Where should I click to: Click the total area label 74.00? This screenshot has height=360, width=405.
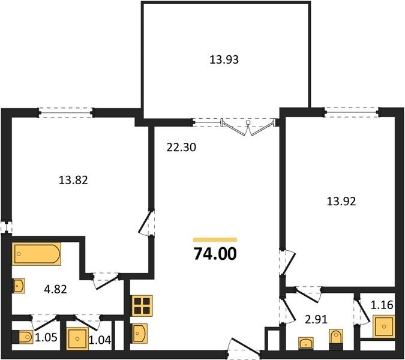pos(215,254)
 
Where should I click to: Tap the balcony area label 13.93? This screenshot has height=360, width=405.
pos(224,60)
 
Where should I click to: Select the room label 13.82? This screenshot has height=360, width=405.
pos(73,180)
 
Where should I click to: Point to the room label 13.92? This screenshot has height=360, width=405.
pos(341,201)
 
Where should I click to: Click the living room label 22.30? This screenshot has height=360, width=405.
pos(181,148)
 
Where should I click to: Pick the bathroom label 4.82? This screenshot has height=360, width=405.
pos(56,289)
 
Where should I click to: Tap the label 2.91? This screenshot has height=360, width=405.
pos(316,319)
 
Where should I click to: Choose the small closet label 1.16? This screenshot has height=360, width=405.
pos(382,305)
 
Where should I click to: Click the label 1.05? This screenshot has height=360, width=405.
pos(46,337)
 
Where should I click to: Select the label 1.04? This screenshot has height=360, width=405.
pos(100,340)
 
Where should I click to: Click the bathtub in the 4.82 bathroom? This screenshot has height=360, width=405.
pos(37,254)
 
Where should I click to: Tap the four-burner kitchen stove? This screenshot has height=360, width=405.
pos(142,306)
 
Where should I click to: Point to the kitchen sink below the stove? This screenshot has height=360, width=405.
pos(139,334)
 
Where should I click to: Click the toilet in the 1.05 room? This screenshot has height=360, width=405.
pos(23,337)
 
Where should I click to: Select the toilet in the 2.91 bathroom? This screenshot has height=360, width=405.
pos(337,338)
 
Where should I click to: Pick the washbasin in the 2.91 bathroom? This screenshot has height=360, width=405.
pos(306,343)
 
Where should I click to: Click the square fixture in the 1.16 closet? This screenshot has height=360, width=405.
pos(384,326)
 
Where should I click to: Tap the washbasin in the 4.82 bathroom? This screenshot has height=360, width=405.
pos(19,286)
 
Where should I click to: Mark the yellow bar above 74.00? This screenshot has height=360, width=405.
pos(215,239)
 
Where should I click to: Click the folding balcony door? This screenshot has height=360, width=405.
pos(247,127)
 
